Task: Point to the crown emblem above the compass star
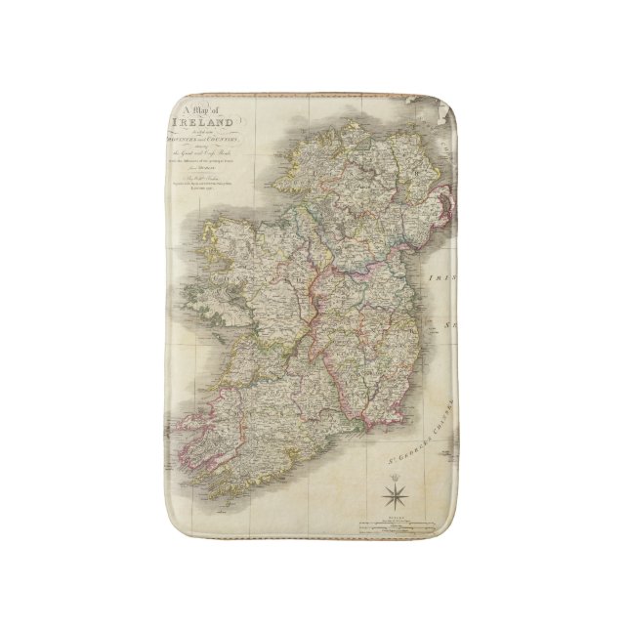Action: point(398,470)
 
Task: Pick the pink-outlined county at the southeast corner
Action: point(376,400)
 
